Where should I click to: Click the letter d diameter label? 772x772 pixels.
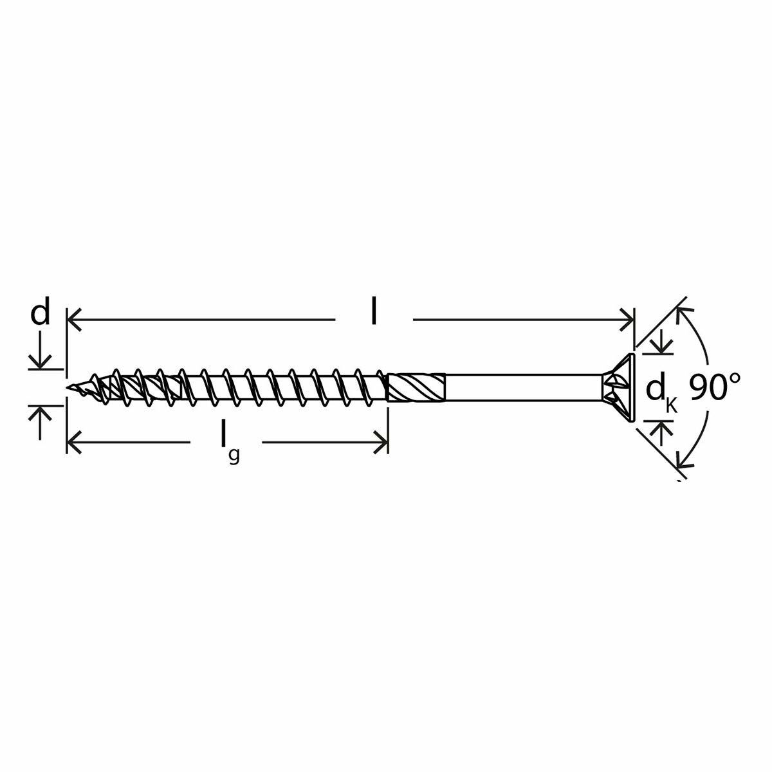click(x=40, y=315)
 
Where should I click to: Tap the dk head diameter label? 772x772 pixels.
click(x=656, y=390)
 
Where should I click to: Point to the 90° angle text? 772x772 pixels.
click(x=715, y=388)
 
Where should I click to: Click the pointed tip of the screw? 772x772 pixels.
click(x=69, y=388)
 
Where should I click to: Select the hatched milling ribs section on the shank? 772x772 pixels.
click(x=417, y=388)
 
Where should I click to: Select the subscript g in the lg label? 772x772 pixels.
click(x=234, y=455)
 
